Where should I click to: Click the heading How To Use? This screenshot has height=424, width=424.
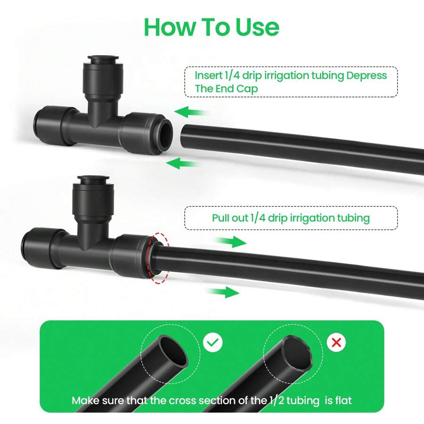pos(211,27)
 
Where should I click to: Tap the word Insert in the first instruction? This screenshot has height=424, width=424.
pos(208,75)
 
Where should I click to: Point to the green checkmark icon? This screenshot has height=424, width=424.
pos(213,342)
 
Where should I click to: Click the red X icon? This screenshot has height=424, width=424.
pos(336,342)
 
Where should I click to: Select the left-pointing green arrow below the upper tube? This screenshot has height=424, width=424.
pos(182,164)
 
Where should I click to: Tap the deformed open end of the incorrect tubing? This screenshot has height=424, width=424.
pos(297,352)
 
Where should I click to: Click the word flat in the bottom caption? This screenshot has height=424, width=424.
pos(342,401)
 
